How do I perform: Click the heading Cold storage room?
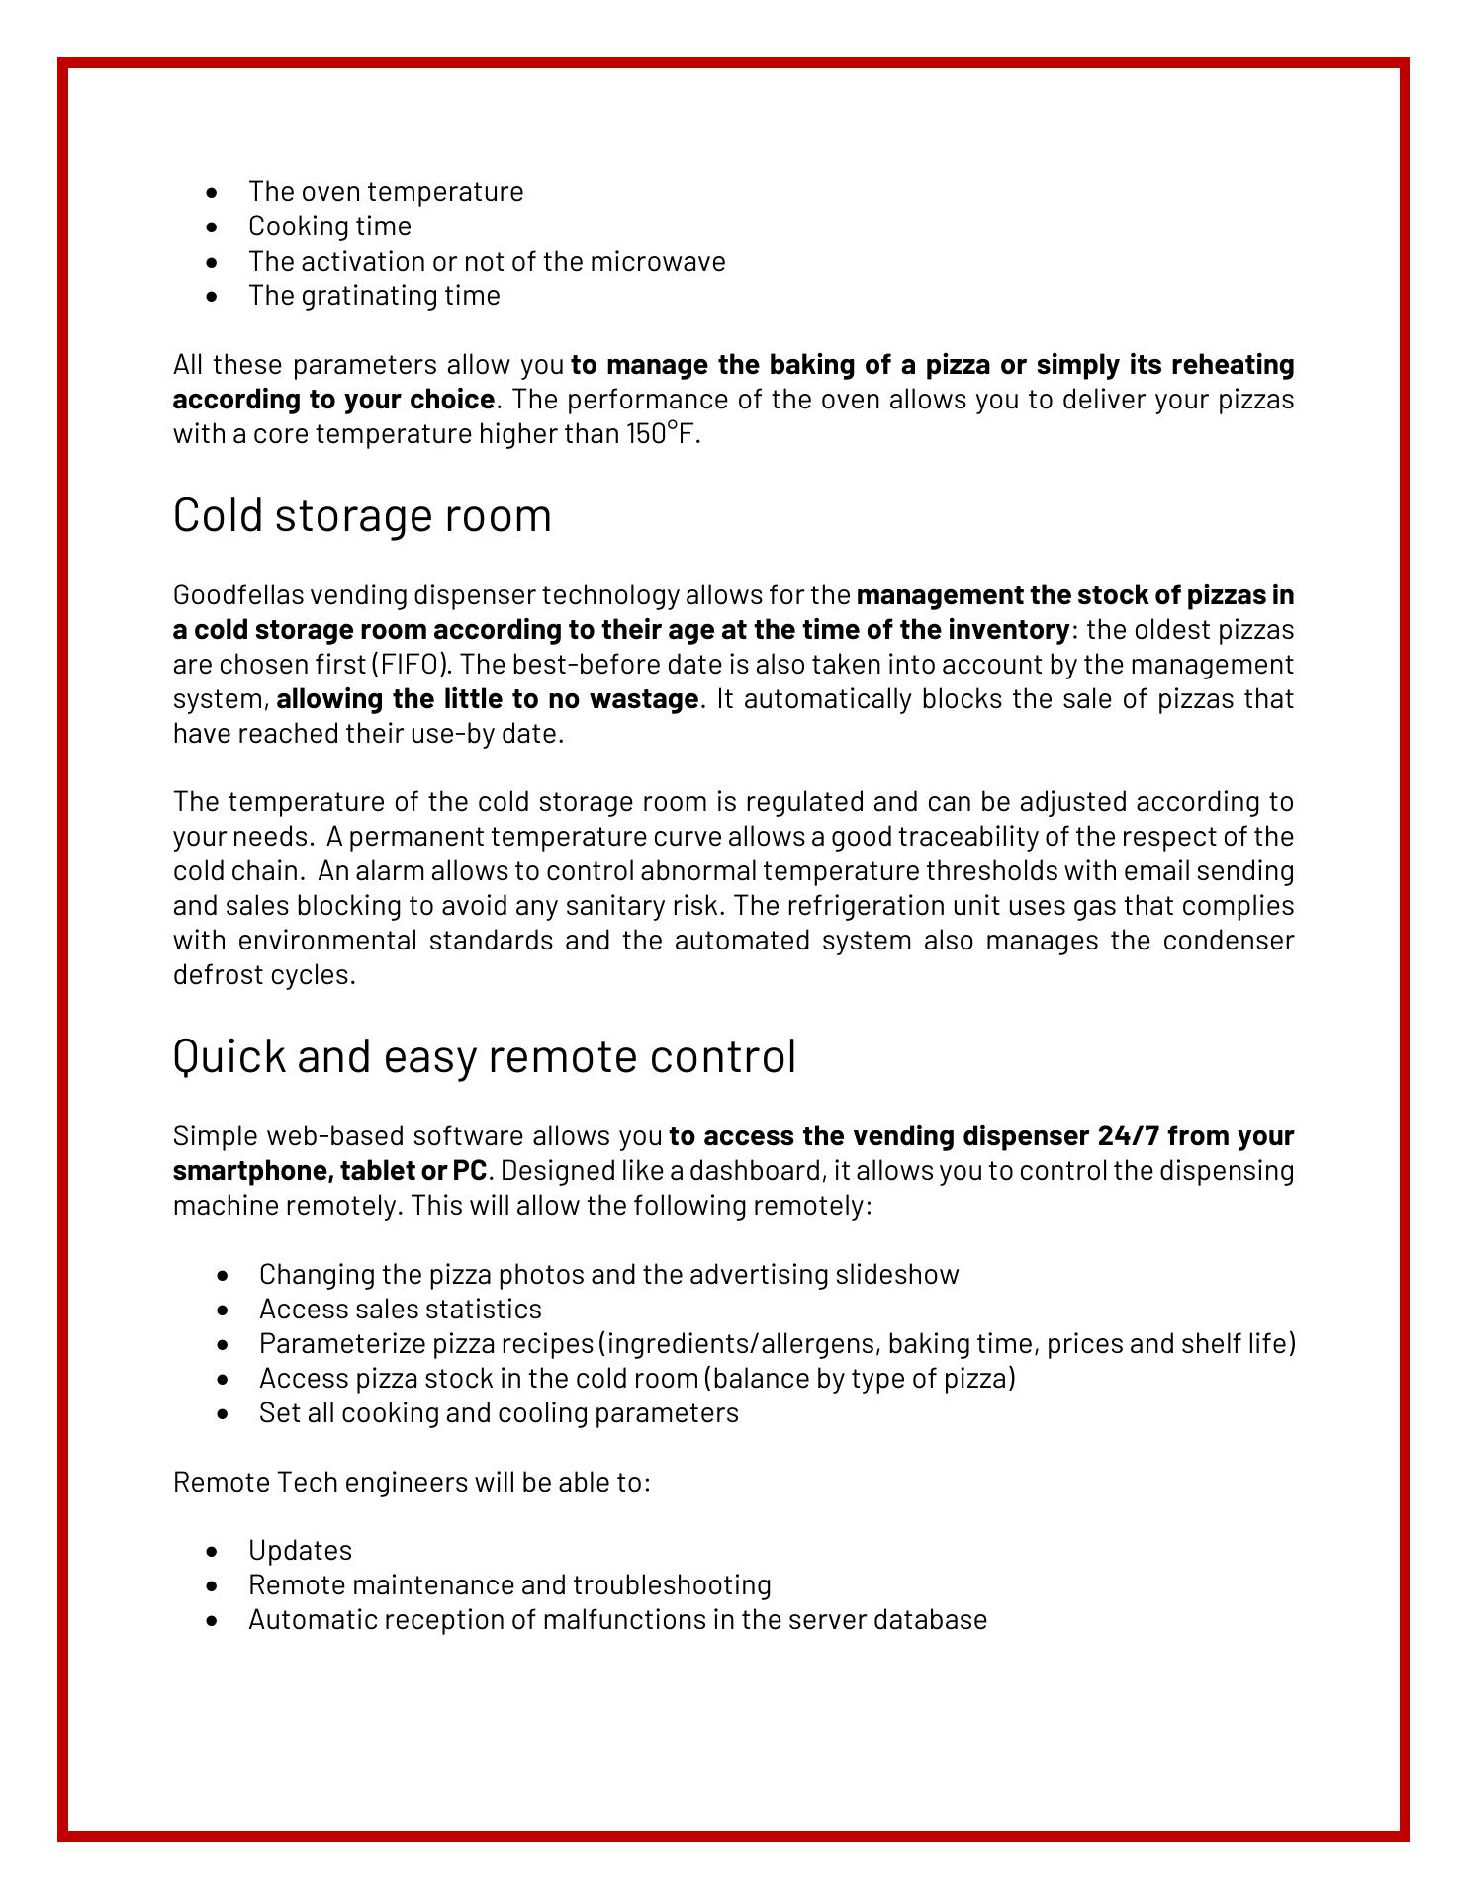tap(362, 516)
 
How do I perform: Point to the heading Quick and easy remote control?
tap(484, 1056)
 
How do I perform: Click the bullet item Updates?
tap(300, 1550)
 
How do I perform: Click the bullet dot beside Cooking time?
tap(213, 227)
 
